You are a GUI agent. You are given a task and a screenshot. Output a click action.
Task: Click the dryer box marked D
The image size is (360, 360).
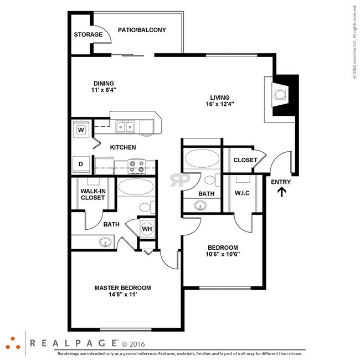point(81,164)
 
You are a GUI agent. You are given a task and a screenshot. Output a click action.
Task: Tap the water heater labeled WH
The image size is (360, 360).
point(147,229)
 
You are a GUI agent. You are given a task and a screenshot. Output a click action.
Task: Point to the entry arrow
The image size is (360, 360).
point(281,192)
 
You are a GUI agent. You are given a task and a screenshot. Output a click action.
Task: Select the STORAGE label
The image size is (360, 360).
point(88,35)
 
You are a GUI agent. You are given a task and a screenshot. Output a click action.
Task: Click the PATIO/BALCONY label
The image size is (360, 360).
point(142,30)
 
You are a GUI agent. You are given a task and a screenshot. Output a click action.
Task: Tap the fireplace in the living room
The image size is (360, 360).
point(281,95)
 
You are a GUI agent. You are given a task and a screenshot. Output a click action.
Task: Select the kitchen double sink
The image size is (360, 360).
point(125,128)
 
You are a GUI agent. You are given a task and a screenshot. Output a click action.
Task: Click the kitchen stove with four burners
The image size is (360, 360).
point(136,164)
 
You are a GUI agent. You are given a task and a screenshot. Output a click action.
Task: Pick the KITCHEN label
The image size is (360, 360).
point(123,147)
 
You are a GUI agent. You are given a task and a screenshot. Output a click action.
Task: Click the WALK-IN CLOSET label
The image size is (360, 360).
point(92,194)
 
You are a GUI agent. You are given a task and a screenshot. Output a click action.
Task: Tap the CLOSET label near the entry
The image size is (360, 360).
point(245,160)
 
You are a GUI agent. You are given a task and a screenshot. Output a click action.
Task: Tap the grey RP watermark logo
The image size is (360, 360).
point(180,180)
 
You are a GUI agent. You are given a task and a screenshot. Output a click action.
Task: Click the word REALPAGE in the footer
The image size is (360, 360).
point(73,343)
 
